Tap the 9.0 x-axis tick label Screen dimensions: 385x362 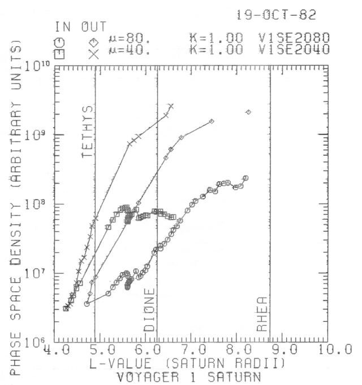coord(286,349)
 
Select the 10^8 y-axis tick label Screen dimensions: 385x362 coord(40,205)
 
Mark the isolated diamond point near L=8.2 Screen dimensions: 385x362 coord(248,112)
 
